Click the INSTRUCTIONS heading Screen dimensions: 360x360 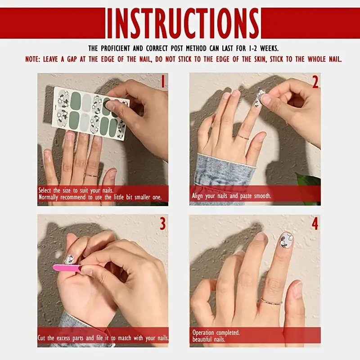point(183,23)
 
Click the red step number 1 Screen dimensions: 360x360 point(163,81)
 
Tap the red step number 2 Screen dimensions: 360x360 point(315,82)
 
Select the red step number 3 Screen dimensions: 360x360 point(162,224)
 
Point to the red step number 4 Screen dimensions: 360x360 point(315,224)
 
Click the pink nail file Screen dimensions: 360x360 point(67,268)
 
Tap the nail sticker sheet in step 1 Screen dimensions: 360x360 point(91,113)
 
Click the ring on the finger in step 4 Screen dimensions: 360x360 point(271,301)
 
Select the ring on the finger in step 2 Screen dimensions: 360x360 point(243,137)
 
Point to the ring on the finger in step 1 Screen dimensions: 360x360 point(91,175)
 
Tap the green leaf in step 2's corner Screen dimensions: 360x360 point(308,186)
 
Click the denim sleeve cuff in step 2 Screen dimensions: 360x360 point(225,169)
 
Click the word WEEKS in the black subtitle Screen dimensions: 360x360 point(269,49)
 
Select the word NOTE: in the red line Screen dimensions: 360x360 point(33,59)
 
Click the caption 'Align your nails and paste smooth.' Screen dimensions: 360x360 point(231,196)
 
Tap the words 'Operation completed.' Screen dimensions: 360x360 point(216,333)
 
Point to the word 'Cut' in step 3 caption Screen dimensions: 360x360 point(42,338)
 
